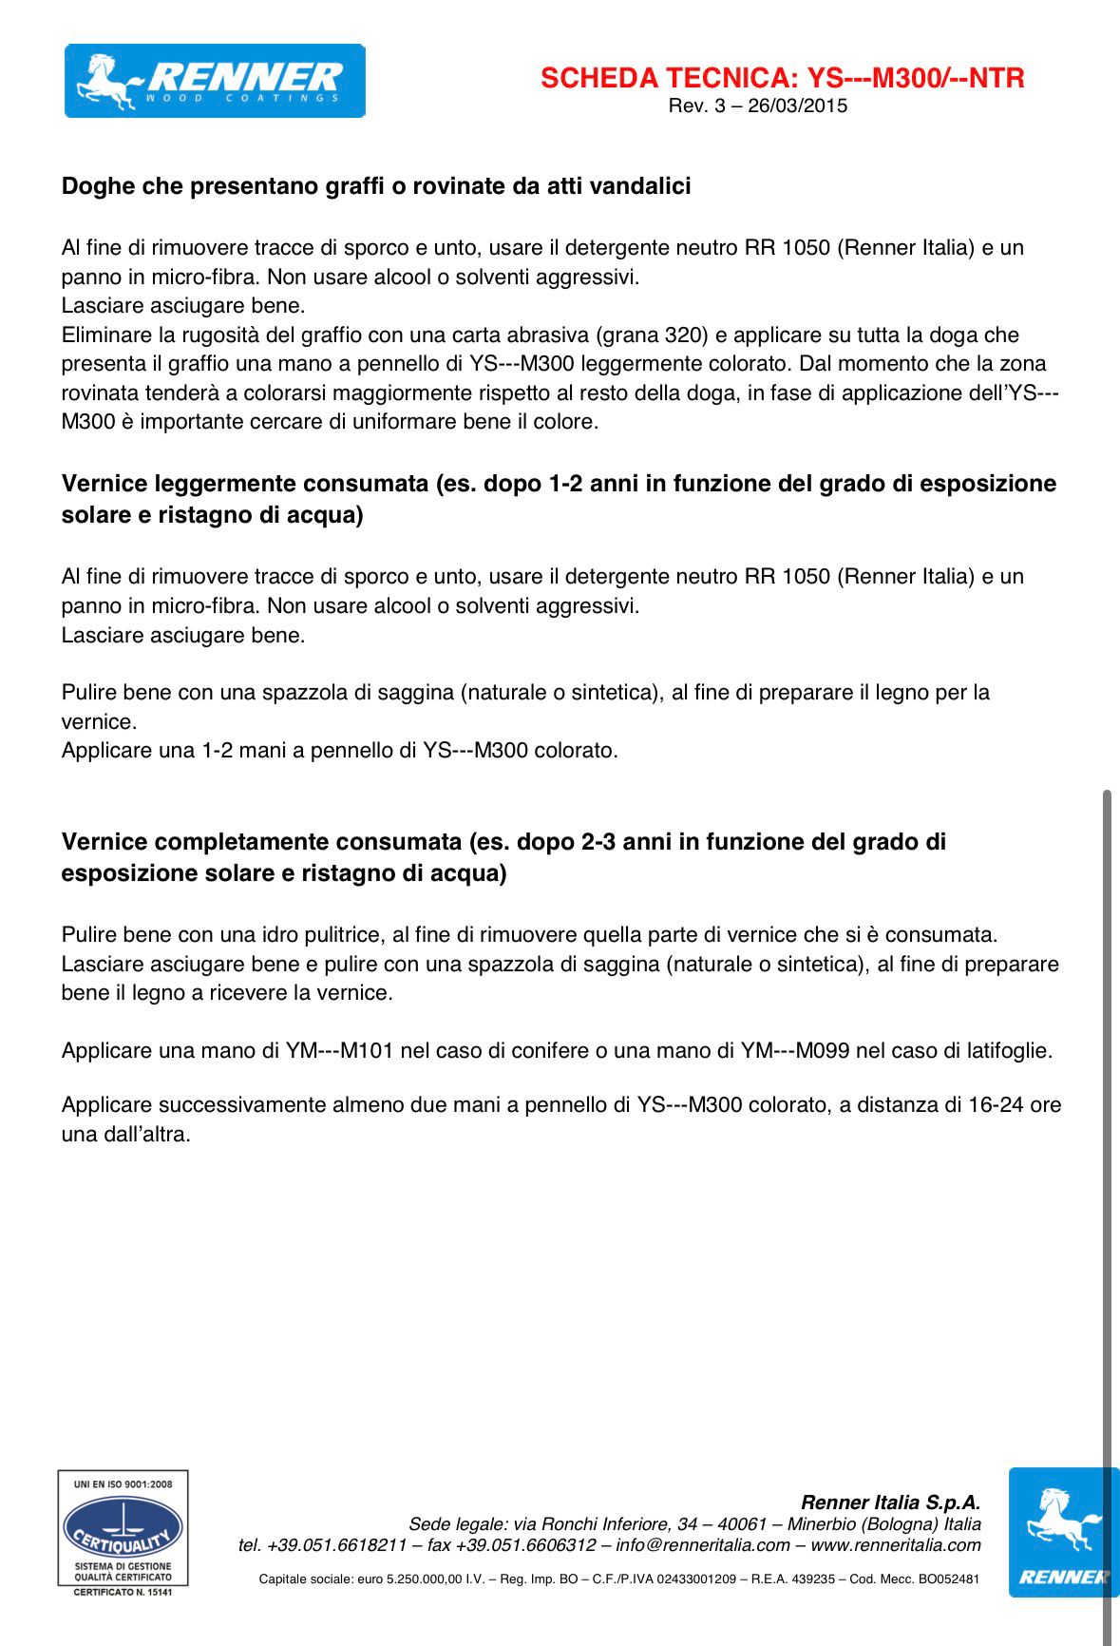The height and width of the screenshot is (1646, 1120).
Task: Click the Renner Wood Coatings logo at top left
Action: pyautogui.click(x=215, y=81)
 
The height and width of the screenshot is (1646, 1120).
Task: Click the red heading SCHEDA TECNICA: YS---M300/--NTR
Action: pyautogui.click(x=782, y=78)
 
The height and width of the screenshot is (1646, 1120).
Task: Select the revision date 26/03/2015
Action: pyautogui.click(x=797, y=105)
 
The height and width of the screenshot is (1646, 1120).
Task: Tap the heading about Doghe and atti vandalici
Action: pyautogui.click(x=376, y=186)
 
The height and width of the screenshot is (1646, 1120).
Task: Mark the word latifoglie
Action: pyautogui.click(x=1009, y=1051)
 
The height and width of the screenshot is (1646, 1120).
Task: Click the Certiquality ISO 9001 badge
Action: pyautogui.click(x=123, y=1532)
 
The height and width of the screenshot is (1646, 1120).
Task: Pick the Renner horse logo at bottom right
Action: pyautogui.click(x=1062, y=1532)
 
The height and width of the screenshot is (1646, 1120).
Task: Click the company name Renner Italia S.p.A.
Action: pyautogui.click(x=890, y=1502)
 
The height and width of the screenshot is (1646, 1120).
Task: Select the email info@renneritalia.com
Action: pyautogui.click(x=703, y=1545)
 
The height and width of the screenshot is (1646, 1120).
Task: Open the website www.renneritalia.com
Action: pyautogui.click(x=896, y=1545)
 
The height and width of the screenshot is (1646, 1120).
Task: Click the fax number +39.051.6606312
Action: pyautogui.click(x=525, y=1545)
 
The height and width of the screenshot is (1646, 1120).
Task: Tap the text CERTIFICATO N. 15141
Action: pyautogui.click(x=123, y=1592)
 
